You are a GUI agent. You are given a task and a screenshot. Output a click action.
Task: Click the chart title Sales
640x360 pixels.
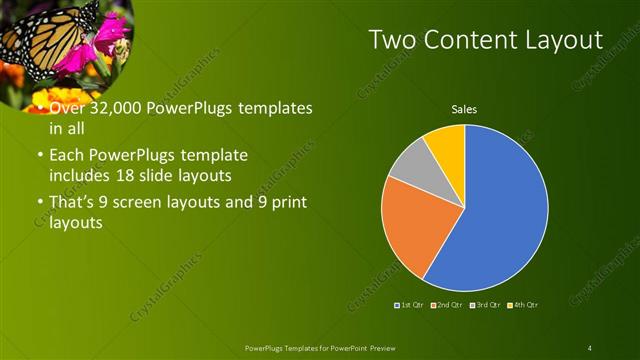[464, 108]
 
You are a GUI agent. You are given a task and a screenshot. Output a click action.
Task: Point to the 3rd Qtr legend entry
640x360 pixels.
[485, 304]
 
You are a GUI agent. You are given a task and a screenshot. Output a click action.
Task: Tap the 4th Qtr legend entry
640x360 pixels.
[522, 304]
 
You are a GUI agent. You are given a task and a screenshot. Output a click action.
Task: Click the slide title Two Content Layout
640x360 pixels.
[485, 40]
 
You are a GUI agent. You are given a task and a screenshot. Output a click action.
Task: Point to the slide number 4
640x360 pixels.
[590, 347]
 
